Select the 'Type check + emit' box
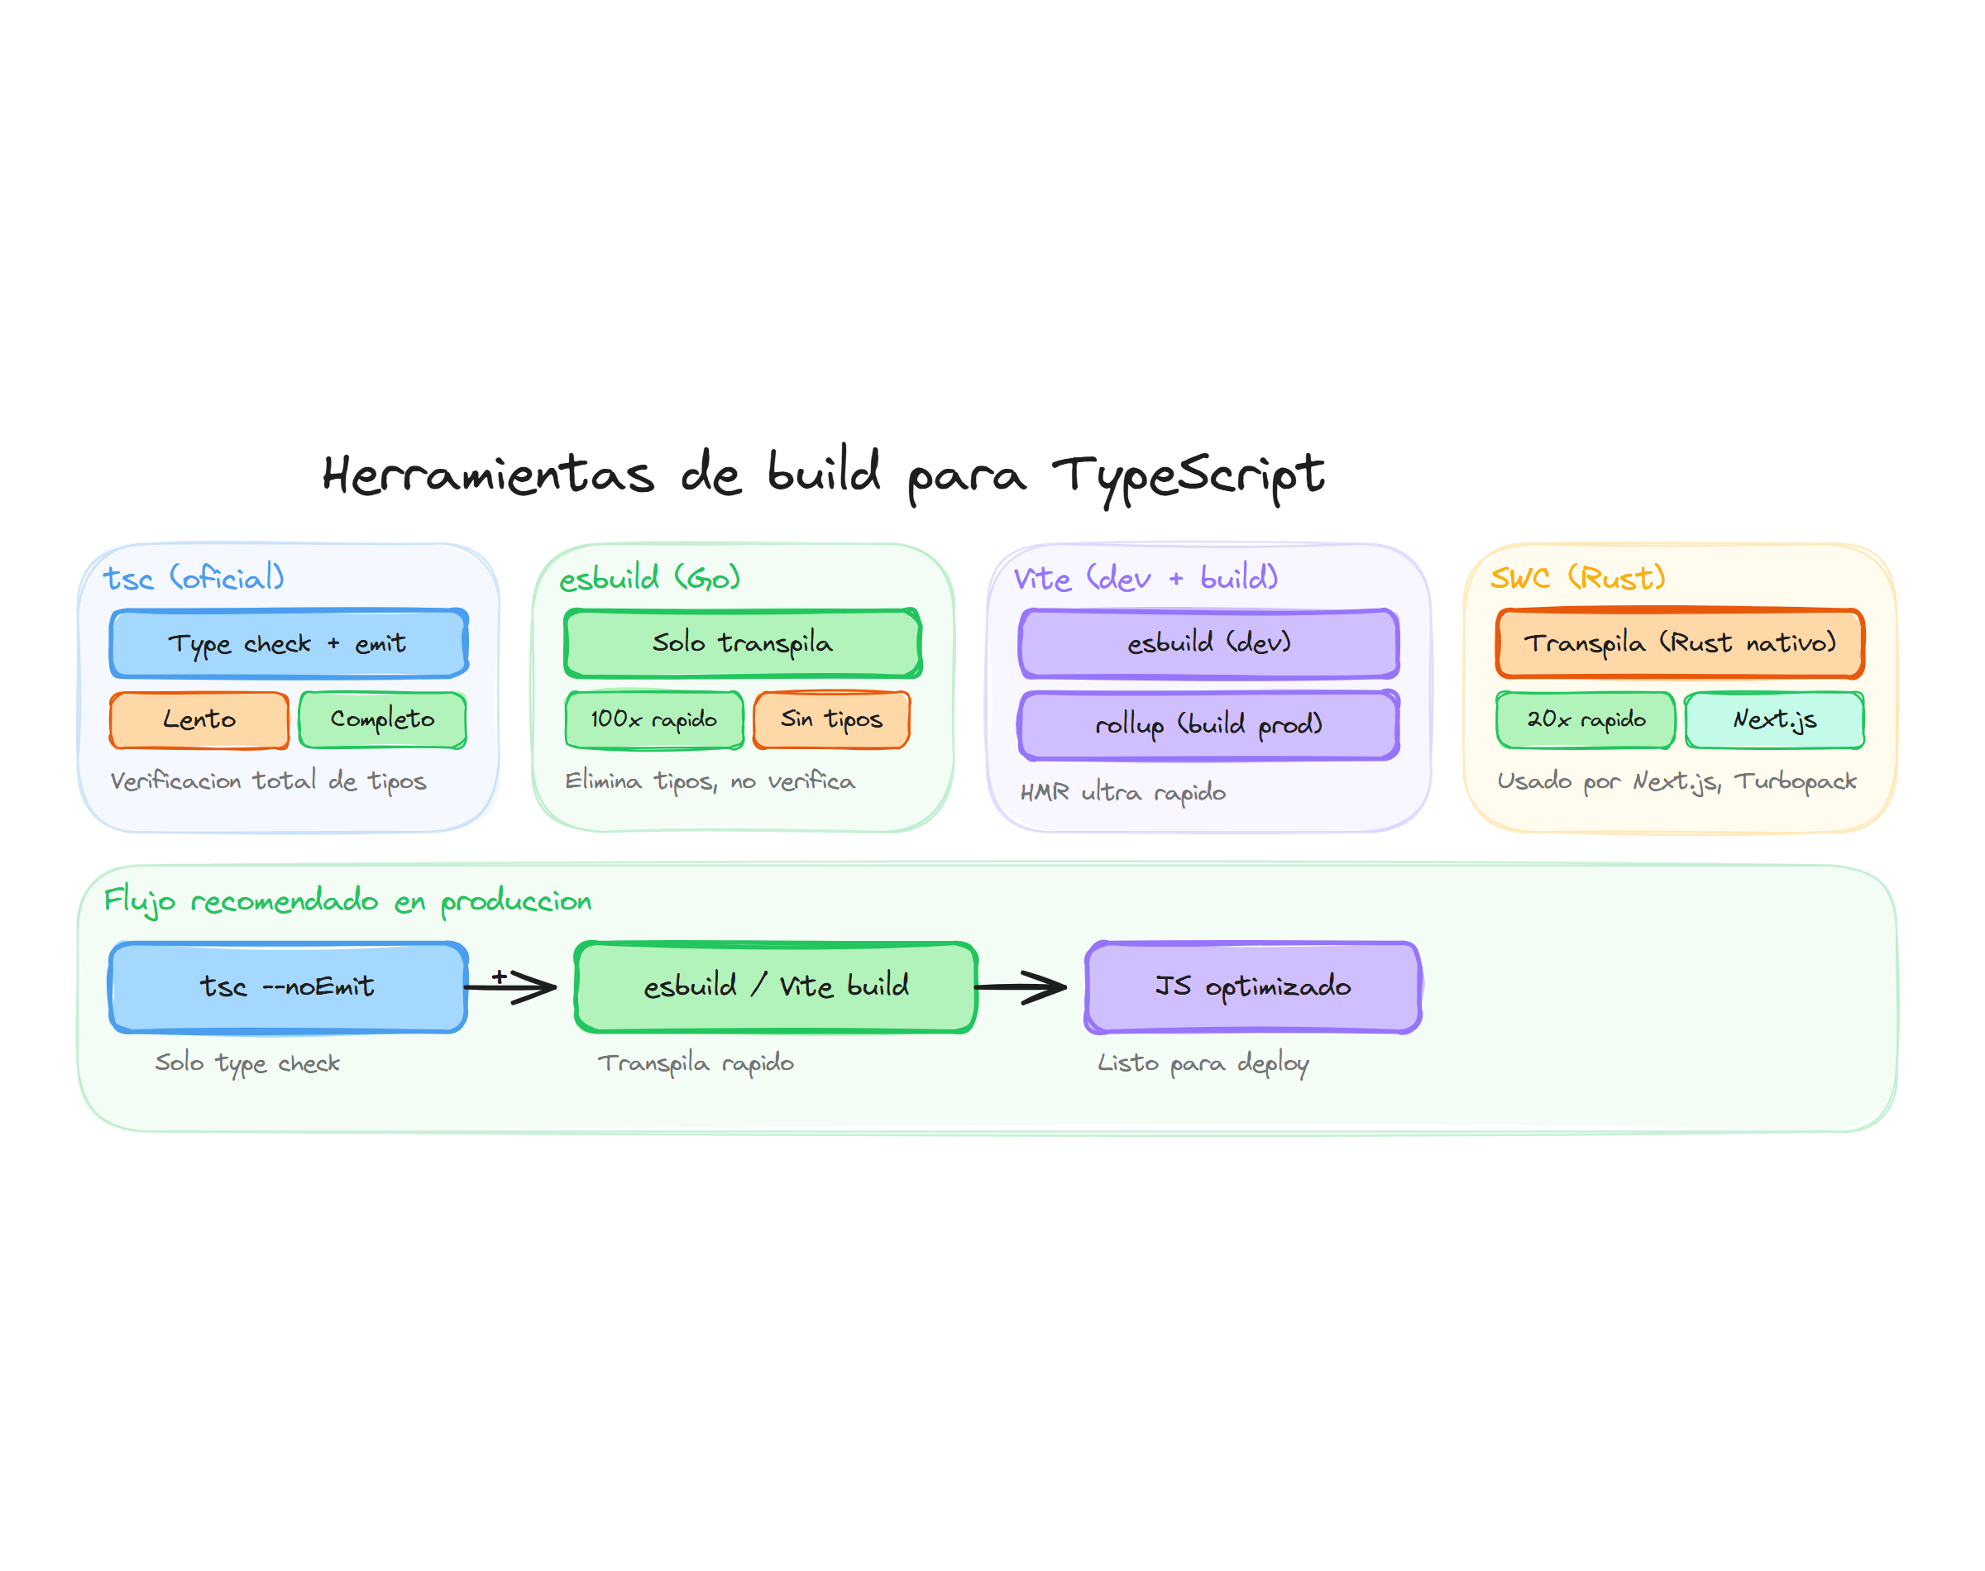point(289,643)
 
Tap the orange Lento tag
point(198,719)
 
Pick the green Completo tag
point(382,719)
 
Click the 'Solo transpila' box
point(741,643)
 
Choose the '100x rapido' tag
point(653,719)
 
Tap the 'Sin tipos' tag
point(830,719)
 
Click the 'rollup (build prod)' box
point(1208,725)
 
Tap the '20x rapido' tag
point(1585,719)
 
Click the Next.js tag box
point(1773,719)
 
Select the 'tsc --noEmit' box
point(288,987)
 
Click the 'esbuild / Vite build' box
point(776,987)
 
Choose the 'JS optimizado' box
point(1252,987)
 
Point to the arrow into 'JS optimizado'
point(1020,987)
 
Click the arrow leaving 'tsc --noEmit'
point(510,987)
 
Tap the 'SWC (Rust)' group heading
point(1576,578)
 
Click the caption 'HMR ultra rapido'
point(1122,792)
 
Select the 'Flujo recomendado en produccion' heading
point(347,900)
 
